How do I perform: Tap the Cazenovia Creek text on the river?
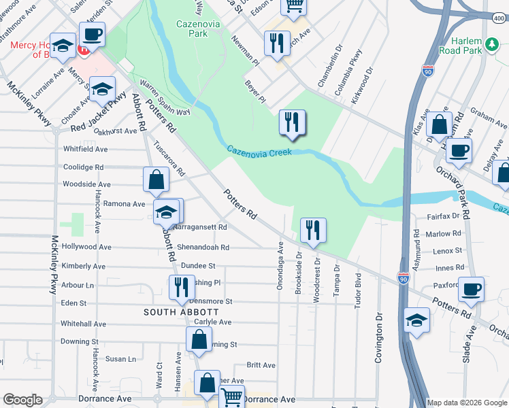coord(259,151)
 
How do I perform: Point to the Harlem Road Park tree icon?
coord(492,44)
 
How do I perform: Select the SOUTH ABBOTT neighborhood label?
coord(180,311)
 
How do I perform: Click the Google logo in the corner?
coord(22,400)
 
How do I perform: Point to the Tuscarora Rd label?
coord(170,158)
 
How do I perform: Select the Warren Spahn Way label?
coord(165,99)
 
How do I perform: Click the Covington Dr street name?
coord(379,337)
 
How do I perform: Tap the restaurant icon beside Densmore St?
coord(180,288)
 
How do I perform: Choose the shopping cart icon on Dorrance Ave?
coord(232,396)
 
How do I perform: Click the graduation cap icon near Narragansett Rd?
coord(165,213)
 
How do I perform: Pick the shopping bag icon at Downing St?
coord(198,341)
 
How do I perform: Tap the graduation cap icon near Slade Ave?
coord(416,320)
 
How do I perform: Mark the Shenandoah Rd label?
coord(203,248)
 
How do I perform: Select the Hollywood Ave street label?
coord(85,247)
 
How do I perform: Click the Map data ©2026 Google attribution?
coord(467,403)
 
